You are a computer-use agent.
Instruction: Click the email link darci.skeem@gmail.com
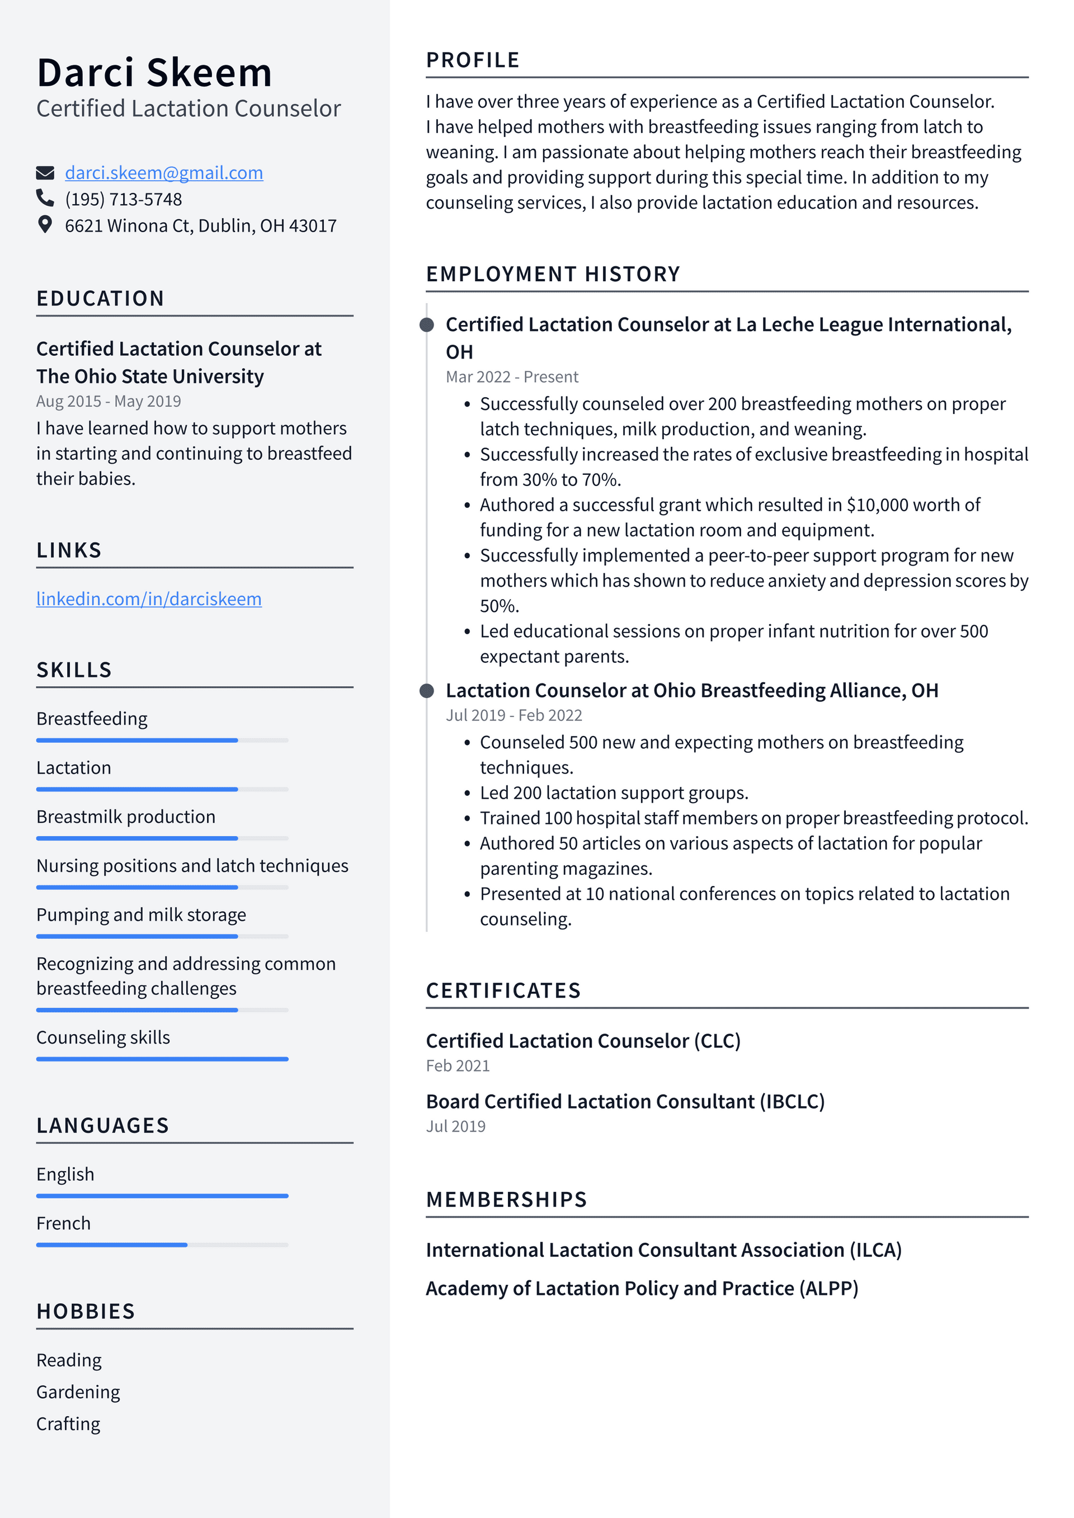(163, 173)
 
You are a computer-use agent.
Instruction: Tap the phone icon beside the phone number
(45, 199)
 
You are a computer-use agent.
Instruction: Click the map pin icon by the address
(45, 225)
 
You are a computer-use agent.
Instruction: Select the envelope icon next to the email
(45, 173)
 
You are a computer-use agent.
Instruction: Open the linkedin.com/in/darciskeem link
(149, 599)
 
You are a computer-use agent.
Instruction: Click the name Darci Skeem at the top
(154, 73)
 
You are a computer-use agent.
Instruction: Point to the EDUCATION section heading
(100, 299)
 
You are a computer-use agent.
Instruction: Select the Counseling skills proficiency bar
(162, 1059)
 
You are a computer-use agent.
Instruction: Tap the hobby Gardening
(78, 1392)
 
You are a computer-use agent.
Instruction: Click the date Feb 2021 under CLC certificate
(458, 1066)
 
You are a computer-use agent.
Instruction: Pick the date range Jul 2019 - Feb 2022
(514, 715)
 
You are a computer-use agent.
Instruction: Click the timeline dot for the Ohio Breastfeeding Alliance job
(427, 691)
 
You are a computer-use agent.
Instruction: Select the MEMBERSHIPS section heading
(507, 1199)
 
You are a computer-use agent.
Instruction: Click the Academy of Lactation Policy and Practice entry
(642, 1288)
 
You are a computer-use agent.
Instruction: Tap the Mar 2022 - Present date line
(512, 377)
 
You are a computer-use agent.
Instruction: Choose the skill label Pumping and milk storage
(141, 915)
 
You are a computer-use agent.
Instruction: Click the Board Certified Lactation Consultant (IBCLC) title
(625, 1101)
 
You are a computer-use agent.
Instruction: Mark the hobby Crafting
(68, 1423)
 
